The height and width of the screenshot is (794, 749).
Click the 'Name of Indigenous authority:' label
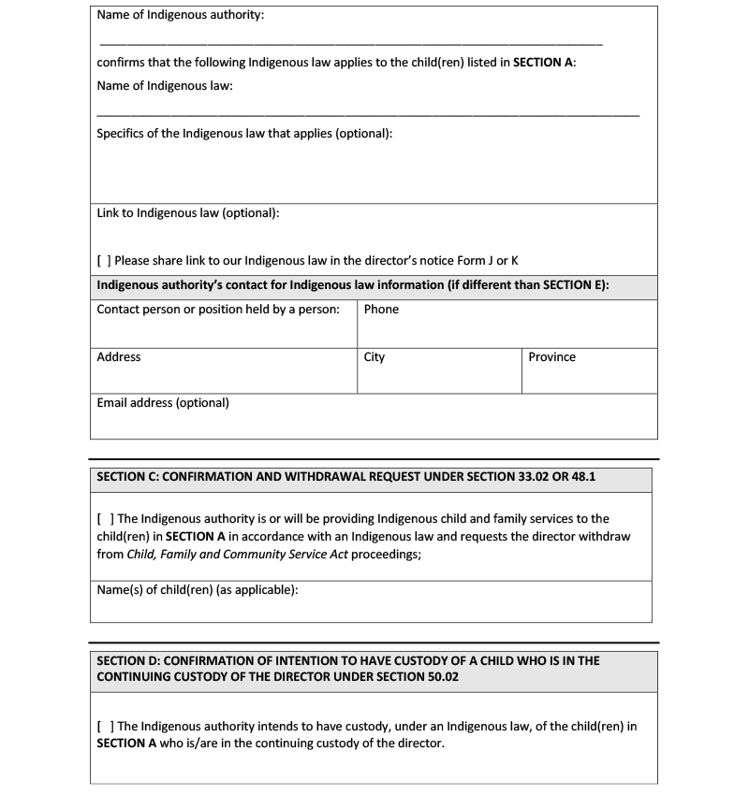180,16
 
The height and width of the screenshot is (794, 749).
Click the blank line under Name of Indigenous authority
350,44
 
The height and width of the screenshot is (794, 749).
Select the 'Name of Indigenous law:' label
165,86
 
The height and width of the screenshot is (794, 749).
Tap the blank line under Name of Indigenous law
368,114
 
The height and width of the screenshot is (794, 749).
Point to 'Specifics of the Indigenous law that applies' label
244,134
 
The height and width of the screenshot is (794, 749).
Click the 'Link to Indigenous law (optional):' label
188,213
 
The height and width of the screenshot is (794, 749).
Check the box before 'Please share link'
104,261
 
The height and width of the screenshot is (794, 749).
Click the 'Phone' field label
381,310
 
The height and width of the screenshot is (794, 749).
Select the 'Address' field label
119,357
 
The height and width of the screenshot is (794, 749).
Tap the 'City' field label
374,357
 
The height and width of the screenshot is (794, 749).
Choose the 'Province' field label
551,357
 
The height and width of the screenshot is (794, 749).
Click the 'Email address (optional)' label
163,403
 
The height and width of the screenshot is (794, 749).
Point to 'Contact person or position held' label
218,310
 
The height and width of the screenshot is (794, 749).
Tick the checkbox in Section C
104,519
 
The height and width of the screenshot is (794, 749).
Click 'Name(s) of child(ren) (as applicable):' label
198,590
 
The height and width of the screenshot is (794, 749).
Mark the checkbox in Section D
104,727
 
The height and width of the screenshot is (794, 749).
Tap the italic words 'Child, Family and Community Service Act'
238,555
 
